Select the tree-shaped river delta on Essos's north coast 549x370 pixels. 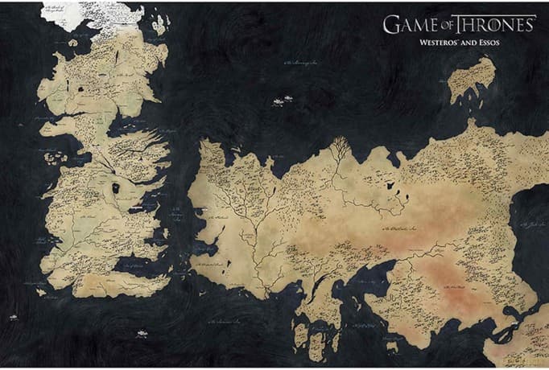(340, 148)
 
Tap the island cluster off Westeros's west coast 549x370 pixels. (55, 158)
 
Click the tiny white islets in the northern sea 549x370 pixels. (281, 101)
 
